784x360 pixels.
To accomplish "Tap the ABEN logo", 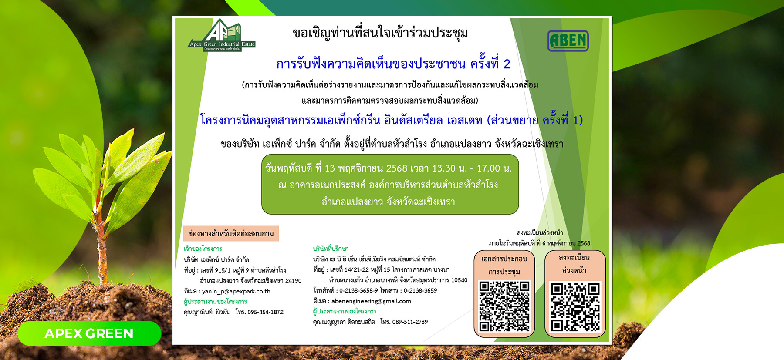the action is (568, 41).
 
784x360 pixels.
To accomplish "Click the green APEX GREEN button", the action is (89, 333).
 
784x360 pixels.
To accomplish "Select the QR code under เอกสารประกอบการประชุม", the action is (504, 306).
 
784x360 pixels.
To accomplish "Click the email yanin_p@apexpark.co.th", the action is (236, 291).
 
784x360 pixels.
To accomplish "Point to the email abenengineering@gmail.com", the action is (371, 301).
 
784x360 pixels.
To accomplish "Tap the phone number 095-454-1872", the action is (265, 312).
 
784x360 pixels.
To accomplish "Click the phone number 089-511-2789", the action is (410, 322).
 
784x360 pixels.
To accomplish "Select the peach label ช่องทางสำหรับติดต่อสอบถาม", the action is (231, 234).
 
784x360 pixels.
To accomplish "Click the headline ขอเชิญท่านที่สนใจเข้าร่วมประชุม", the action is (380, 33).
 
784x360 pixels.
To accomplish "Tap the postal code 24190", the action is (293, 281).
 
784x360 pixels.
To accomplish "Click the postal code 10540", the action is (459, 280).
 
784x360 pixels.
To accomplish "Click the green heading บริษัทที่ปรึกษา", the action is (331, 249).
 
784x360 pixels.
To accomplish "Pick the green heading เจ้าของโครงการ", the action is (203, 249).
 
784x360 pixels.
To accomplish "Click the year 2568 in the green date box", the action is (396, 168).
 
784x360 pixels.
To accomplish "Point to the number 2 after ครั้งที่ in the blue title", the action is (507, 64).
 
